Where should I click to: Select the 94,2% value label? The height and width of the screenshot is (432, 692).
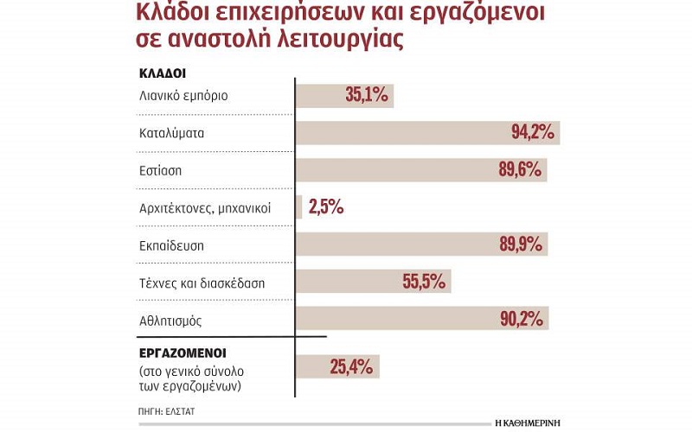click(x=535, y=133)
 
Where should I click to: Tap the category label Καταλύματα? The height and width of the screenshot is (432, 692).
click(x=173, y=134)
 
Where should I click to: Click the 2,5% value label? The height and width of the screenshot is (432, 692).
click(x=325, y=207)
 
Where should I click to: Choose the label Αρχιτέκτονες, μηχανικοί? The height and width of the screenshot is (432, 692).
click(x=205, y=208)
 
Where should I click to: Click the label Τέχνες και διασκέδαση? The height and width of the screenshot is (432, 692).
click(x=202, y=283)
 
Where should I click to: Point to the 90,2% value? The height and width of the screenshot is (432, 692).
click(x=522, y=319)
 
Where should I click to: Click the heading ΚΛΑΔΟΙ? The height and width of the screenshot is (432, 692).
click(x=163, y=73)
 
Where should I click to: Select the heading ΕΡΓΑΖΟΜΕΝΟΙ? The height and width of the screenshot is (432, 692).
click(x=183, y=354)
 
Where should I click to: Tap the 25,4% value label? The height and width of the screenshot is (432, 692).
click(x=350, y=366)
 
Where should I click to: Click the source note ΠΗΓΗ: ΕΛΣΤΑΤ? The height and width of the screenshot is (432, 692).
click(x=167, y=412)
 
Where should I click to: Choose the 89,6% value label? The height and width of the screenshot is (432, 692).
click(x=521, y=170)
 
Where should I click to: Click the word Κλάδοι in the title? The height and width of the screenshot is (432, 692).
click(x=177, y=15)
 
